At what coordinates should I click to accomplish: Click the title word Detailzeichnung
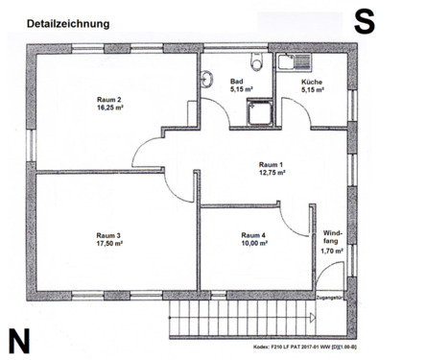click(x=67, y=22)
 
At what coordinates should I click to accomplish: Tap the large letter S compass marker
click(x=364, y=22)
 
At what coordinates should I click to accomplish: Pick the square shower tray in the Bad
click(x=256, y=113)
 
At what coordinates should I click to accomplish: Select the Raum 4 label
click(x=253, y=234)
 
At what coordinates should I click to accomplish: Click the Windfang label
click(x=331, y=237)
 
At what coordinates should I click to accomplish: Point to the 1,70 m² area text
click(x=331, y=251)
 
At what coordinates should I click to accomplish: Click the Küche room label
click(x=313, y=83)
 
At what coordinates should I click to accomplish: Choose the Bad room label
click(x=237, y=83)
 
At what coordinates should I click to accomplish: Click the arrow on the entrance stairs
click(x=317, y=316)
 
